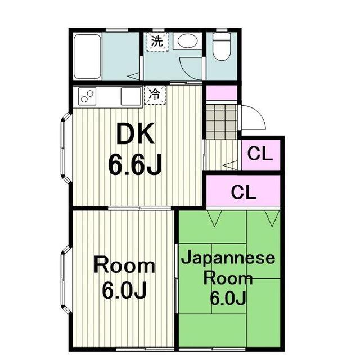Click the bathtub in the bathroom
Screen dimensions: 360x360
click(87, 57)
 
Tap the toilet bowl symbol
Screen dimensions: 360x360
click(222, 47)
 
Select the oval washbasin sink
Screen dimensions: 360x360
click(187, 41)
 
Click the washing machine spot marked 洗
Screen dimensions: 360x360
click(157, 42)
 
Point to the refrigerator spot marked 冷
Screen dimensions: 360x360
click(155, 94)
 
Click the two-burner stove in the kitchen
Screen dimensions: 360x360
click(87, 96)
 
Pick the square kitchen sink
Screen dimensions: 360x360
click(130, 96)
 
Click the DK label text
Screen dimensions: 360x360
click(135, 134)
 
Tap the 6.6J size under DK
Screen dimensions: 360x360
click(135, 164)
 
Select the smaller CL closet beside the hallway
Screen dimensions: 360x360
click(261, 155)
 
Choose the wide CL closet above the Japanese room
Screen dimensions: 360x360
click(244, 191)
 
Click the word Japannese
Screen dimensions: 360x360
click(228, 258)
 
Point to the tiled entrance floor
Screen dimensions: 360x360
click(222, 121)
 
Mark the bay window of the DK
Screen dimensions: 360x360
click(66, 147)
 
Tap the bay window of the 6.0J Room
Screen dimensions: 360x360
click(66, 280)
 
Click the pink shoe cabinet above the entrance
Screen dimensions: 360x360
click(222, 93)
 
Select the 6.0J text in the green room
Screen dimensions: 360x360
click(228, 298)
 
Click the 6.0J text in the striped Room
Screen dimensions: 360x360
click(124, 291)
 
